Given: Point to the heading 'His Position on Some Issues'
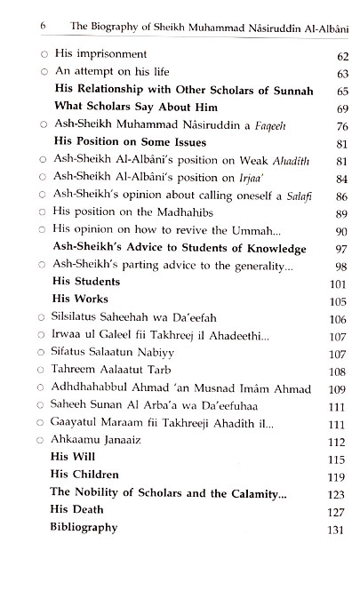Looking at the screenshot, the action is (x=130, y=143).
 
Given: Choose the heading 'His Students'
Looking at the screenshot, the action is (x=87, y=282).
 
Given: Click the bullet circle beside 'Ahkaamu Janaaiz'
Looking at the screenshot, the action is (x=33, y=440).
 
